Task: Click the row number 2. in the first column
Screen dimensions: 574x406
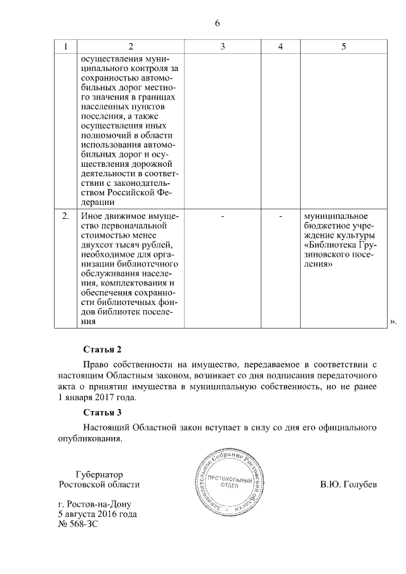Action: [x=65, y=217]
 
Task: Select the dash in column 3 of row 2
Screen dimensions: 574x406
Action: [x=223, y=217]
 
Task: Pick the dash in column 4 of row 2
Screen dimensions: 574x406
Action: [x=280, y=217]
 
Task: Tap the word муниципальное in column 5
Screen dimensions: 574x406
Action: [x=333, y=217]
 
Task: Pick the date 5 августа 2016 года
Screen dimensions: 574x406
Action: [x=98, y=514]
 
